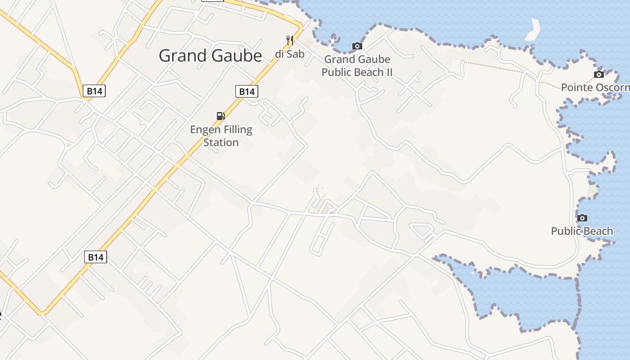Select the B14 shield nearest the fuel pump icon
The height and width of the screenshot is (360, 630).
(247, 91)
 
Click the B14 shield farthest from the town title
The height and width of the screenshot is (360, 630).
(95, 257)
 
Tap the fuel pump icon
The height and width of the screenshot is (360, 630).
(220, 116)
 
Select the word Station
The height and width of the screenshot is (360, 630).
(221, 142)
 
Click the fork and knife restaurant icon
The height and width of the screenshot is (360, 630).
(290, 40)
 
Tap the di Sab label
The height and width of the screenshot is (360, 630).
(290, 54)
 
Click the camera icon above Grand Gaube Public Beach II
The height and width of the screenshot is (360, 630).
(357, 46)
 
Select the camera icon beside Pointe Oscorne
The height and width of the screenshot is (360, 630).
(599, 74)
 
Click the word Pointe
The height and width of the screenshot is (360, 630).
(576, 87)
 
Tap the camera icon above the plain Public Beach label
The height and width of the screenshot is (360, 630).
(582, 218)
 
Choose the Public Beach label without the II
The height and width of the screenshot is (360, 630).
(582, 231)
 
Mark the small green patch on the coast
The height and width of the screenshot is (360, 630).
(593, 191)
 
